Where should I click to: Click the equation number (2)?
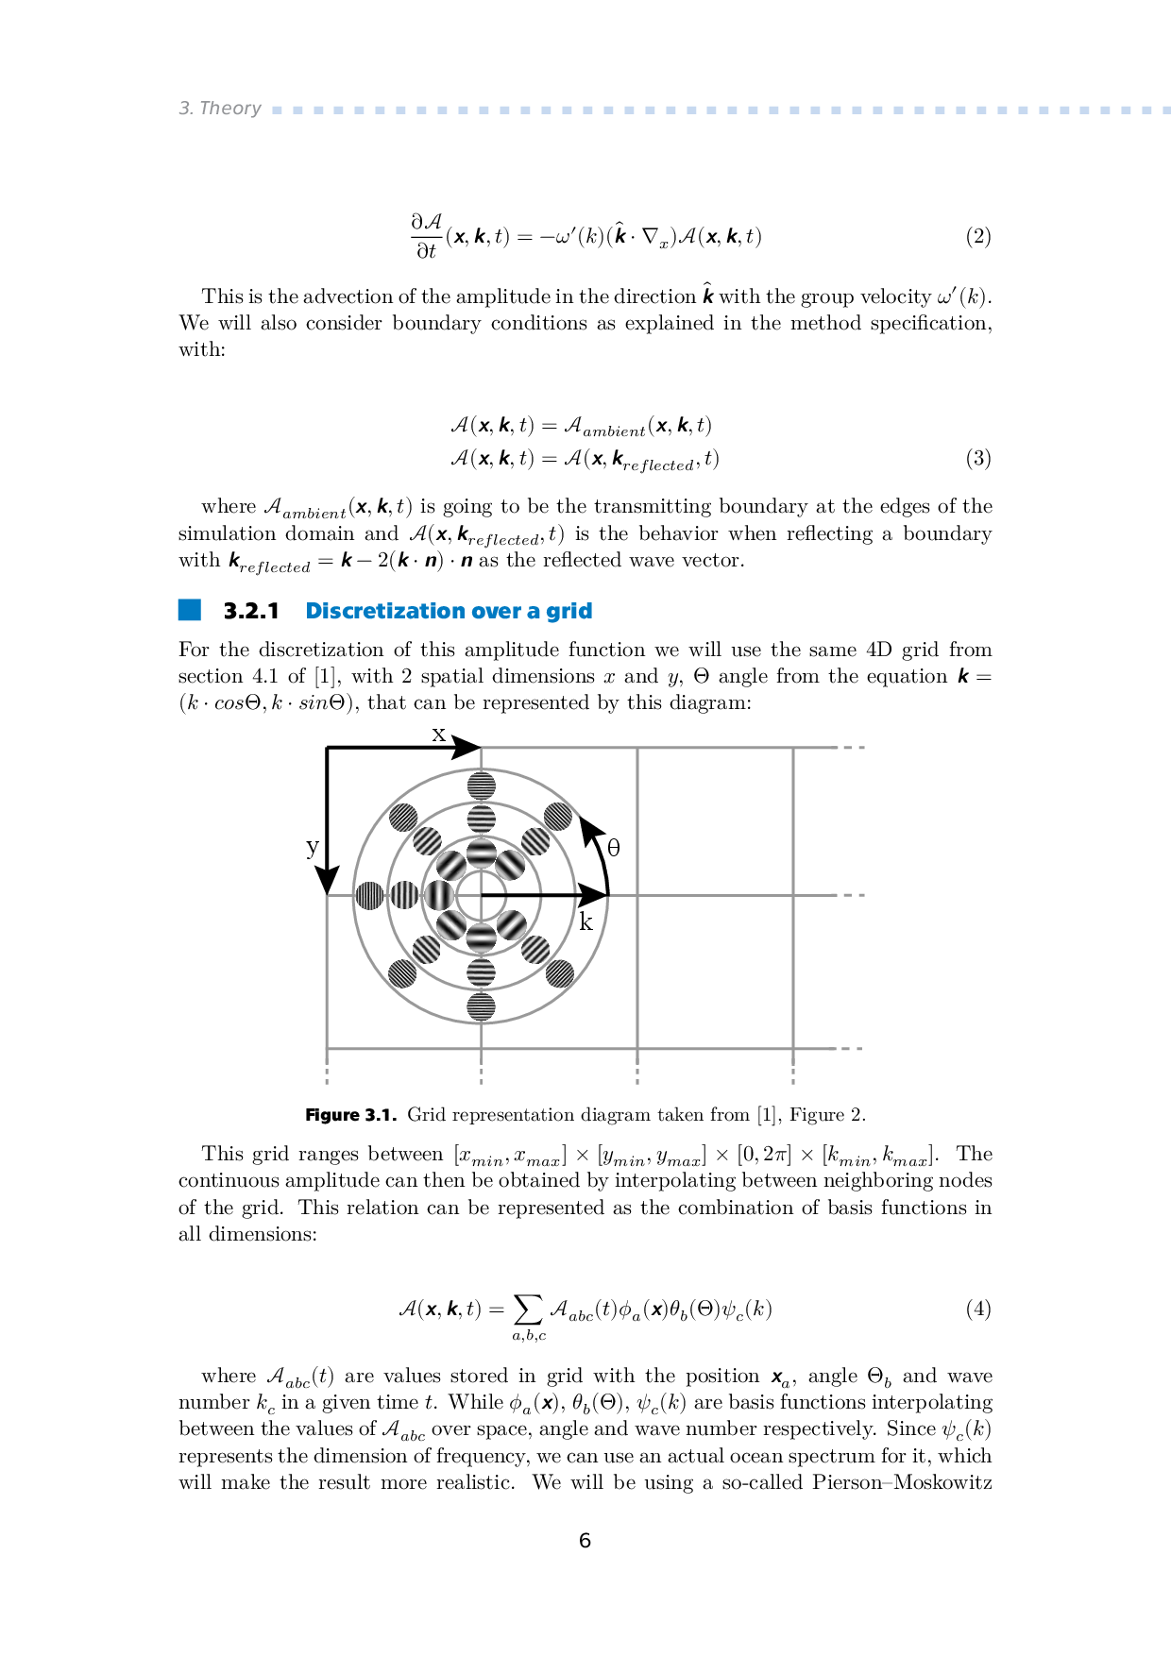coord(977,236)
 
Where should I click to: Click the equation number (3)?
coord(977,459)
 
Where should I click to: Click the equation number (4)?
coord(977,1309)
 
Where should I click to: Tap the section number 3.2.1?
coord(251,611)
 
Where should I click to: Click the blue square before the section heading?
coord(190,610)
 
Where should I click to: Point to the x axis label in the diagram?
coord(438,734)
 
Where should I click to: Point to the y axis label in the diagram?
coord(313,846)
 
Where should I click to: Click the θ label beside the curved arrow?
coord(614,848)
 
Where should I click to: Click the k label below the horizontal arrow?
coord(585,922)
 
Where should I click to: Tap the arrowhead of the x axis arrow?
coord(467,748)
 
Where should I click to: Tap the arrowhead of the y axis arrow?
coord(327,880)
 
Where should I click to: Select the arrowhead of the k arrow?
coord(593,895)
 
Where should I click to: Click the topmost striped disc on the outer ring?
coord(482,786)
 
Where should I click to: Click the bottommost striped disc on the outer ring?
coord(482,1006)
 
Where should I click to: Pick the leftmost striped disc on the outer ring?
coord(369,895)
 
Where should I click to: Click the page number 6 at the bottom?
coord(585,1541)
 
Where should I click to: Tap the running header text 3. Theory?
coord(220,109)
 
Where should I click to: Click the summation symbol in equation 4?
coord(528,1309)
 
